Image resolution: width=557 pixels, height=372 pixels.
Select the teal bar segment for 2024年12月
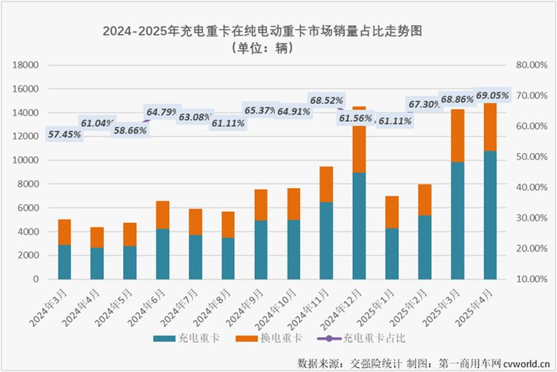359,225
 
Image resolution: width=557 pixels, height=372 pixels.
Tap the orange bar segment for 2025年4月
489,127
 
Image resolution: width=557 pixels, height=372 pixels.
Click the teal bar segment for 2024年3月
65,261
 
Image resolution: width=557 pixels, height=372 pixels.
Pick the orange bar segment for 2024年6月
162,215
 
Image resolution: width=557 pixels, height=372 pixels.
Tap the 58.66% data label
130,130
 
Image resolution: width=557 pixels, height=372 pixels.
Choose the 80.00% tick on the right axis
530,65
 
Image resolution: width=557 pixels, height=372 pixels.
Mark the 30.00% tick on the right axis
530,218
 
